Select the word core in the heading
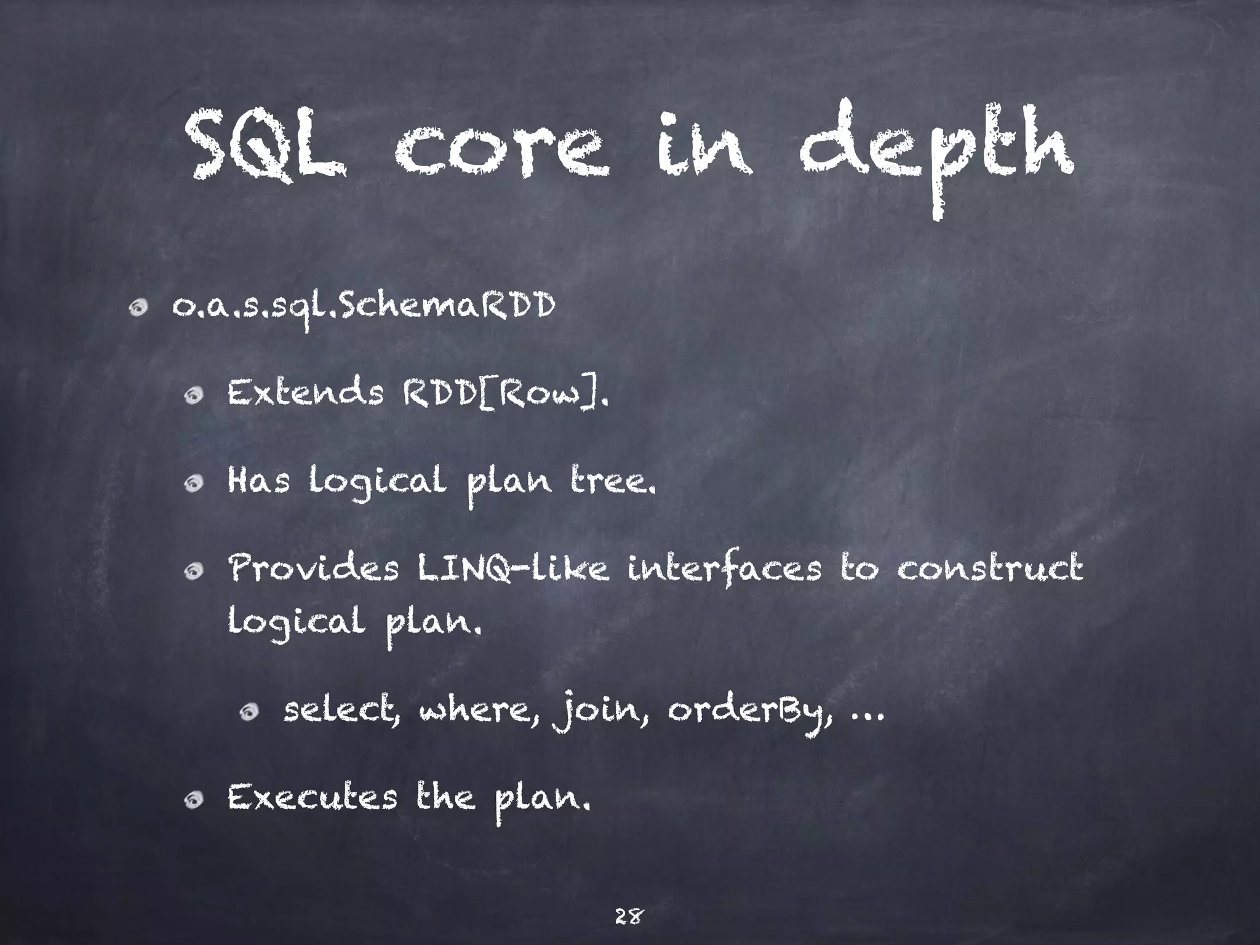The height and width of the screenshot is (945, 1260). tap(501, 151)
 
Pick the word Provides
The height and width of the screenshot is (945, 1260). tap(314, 568)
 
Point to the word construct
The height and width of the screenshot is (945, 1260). tap(990, 568)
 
